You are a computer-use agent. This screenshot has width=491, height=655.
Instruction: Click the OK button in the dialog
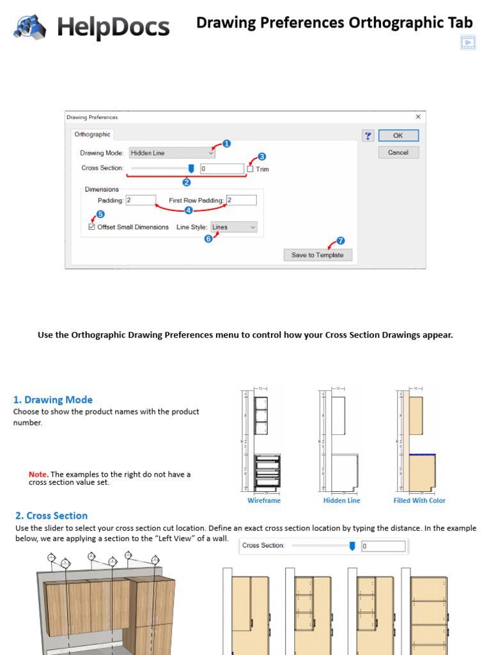click(398, 136)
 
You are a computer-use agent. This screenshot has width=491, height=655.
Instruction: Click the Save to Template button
click(318, 255)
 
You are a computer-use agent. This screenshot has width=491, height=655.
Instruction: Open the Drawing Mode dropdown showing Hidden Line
click(172, 153)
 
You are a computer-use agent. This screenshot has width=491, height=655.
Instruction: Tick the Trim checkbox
click(251, 169)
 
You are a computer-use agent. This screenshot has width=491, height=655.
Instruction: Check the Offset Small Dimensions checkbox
click(92, 227)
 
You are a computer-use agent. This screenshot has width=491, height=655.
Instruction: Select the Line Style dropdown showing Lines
click(234, 227)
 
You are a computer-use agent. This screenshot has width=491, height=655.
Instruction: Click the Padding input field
click(141, 200)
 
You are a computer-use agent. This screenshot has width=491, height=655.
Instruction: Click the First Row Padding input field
click(242, 200)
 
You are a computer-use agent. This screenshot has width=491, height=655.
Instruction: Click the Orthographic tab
click(93, 134)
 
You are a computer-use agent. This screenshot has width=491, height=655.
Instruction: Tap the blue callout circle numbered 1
click(226, 144)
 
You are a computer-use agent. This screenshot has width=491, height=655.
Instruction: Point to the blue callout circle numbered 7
click(340, 241)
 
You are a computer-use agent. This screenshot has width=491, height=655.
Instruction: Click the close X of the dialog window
click(418, 117)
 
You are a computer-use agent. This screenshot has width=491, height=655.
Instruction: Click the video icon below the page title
click(468, 43)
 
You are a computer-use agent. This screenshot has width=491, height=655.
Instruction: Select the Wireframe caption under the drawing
click(264, 501)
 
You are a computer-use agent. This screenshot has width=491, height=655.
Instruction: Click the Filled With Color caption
click(419, 501)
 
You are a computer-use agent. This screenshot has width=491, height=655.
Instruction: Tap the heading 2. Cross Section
click(51, 516)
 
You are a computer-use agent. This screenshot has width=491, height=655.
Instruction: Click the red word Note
click(38, 475)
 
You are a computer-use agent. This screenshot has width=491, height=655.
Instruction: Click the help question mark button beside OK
click(368, 136)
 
